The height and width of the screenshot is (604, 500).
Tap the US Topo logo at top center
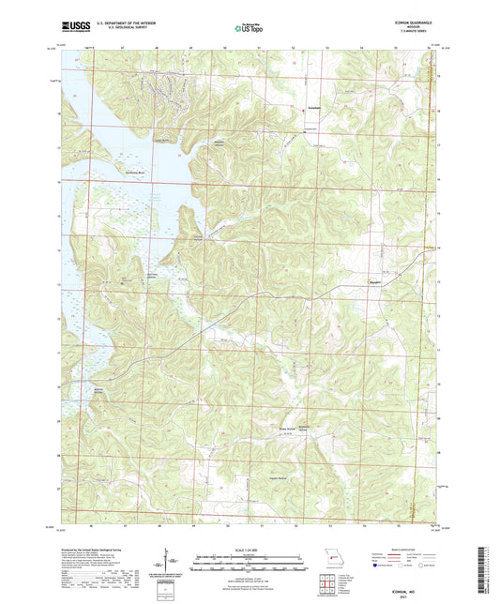pyautogui.click(x=250, y=28)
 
